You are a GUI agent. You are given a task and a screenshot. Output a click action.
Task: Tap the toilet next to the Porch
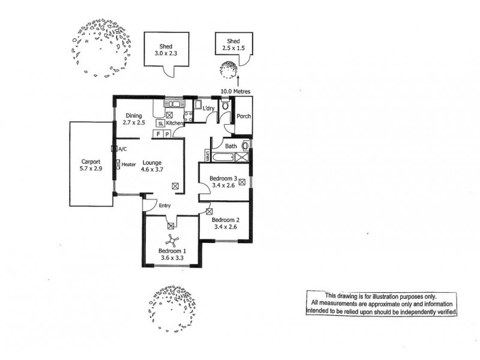coord(224,106)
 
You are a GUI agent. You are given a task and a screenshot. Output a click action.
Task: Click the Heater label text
coord(128,163)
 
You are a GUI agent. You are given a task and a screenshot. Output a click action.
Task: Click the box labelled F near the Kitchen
coord(158,134)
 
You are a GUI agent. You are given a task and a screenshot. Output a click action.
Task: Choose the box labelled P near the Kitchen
coord(167,134)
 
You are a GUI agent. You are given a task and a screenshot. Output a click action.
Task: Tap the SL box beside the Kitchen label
coord(160,124)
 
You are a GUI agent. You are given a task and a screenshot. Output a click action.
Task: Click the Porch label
coord(244,116)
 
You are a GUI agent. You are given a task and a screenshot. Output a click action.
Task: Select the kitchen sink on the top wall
coord(166,104)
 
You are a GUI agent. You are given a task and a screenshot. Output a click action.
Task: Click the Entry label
coord(166,206)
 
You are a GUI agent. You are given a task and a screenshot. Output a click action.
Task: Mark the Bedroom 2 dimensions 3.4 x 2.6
coord(225,227)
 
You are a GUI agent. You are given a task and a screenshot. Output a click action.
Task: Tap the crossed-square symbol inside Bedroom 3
coord(242,182)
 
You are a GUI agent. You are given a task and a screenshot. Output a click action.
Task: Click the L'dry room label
coord(209,108)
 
